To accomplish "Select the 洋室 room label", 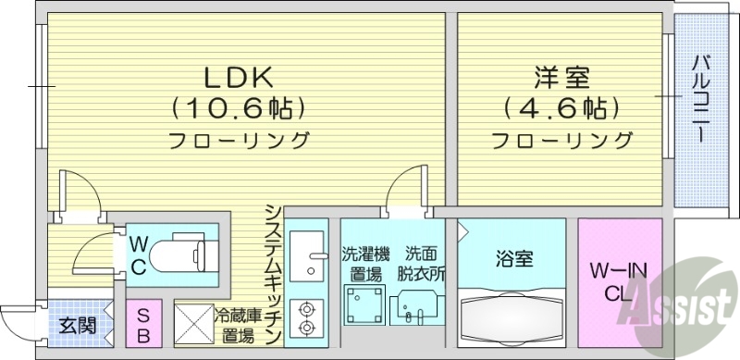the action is tap(561, 74).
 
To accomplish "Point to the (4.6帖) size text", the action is tap(561, 109).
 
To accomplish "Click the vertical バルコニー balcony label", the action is tap(701, 98).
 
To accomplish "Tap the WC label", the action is tap(138, 255).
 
